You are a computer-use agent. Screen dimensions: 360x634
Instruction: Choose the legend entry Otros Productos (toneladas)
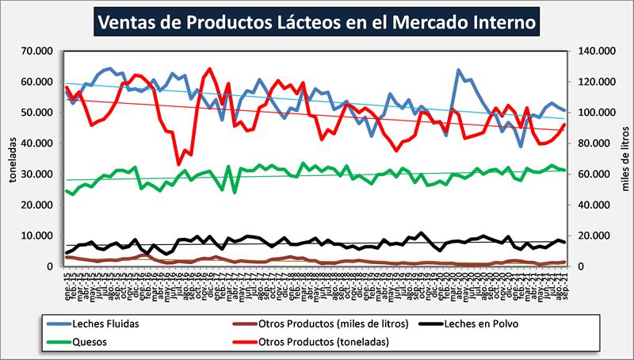point(313,343)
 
